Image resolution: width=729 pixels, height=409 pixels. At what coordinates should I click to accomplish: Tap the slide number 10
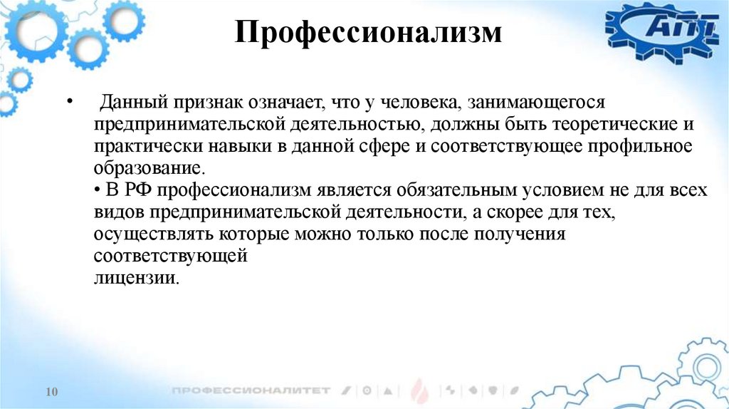51,393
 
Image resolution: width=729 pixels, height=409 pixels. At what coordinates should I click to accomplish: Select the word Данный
132,103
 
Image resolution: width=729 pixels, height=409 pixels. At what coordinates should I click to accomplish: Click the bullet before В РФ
97,191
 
